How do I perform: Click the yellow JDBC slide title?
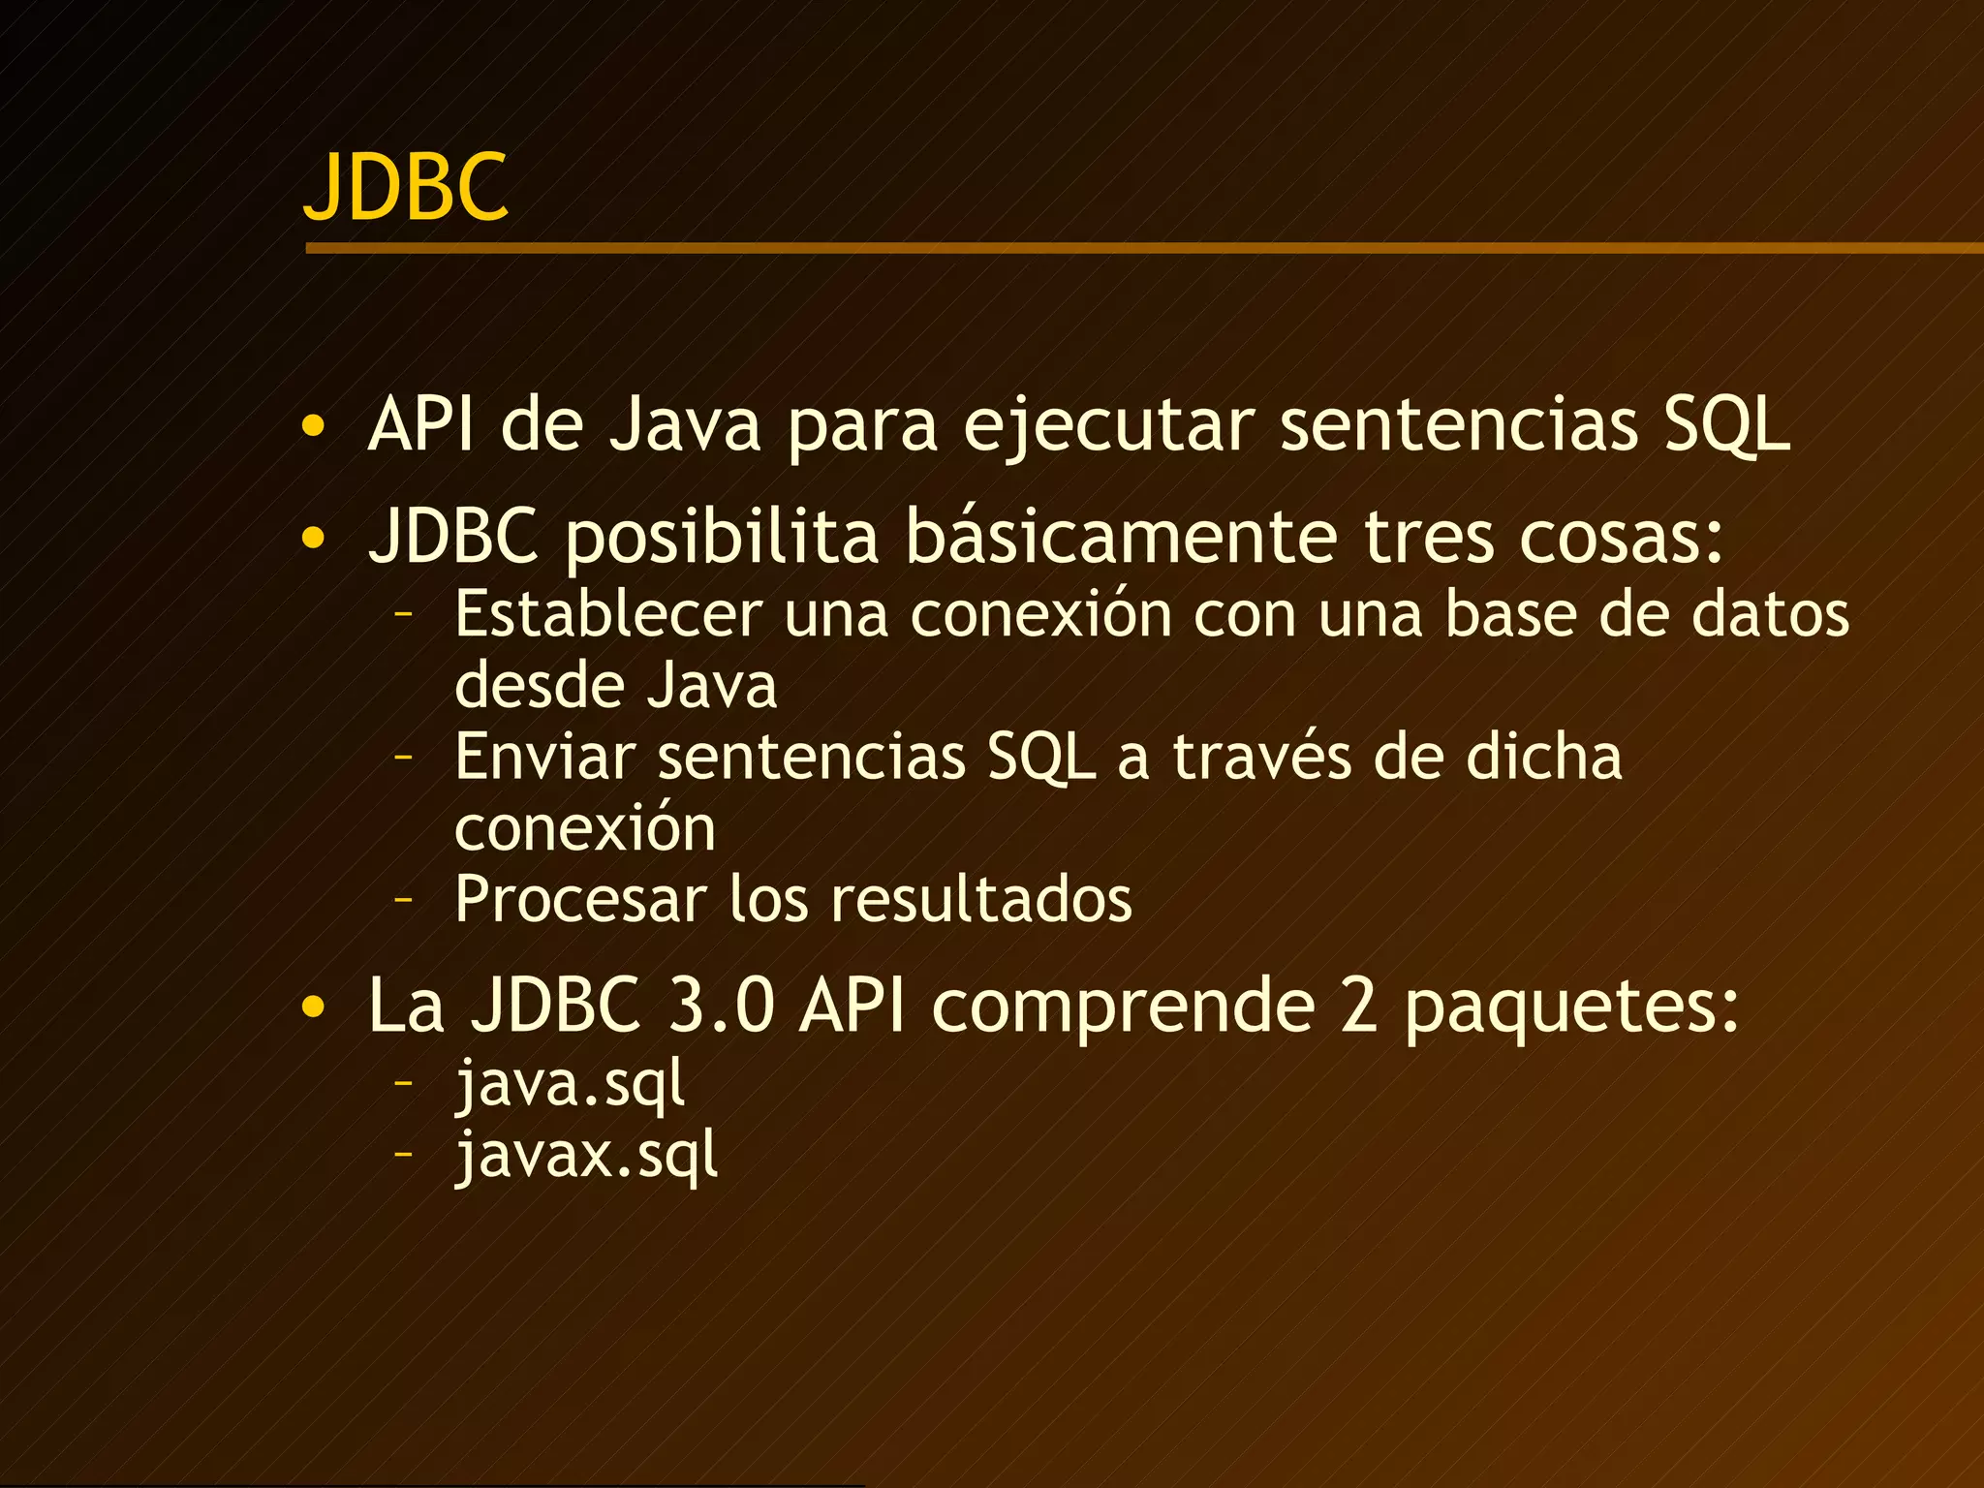coord(406,186)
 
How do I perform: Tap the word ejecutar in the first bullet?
coord(1108,426)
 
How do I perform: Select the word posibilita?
coord(722,539)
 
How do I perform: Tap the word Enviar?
coord(544,757)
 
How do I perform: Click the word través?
coord(1261,757)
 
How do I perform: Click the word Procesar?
coord(580,900)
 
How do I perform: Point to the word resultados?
coord(981,900)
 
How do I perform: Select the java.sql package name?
coord(570,1084)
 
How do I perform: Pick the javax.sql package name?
coord(587,1156)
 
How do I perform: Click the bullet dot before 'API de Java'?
coord(313,426)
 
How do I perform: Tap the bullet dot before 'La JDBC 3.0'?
coord(313,1007)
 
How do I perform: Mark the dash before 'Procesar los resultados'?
coord(404,900)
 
